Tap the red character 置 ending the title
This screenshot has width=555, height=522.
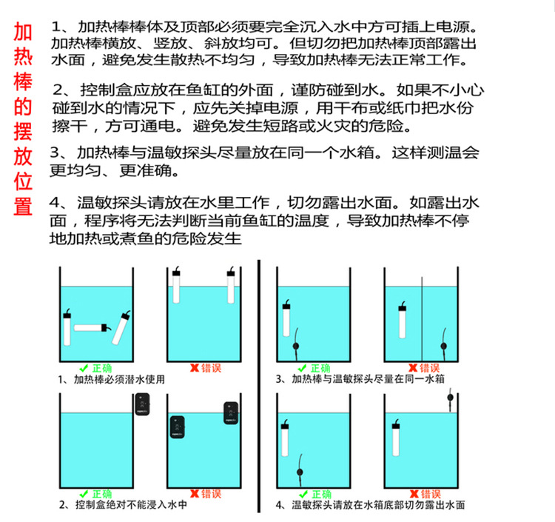coord(23,204)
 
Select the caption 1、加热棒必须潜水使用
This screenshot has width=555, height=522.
coord(111,379)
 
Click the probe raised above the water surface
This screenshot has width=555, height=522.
coord(448,400)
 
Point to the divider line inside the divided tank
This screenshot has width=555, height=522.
coord(421,318)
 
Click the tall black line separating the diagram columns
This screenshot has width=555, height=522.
coord(258,385)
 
